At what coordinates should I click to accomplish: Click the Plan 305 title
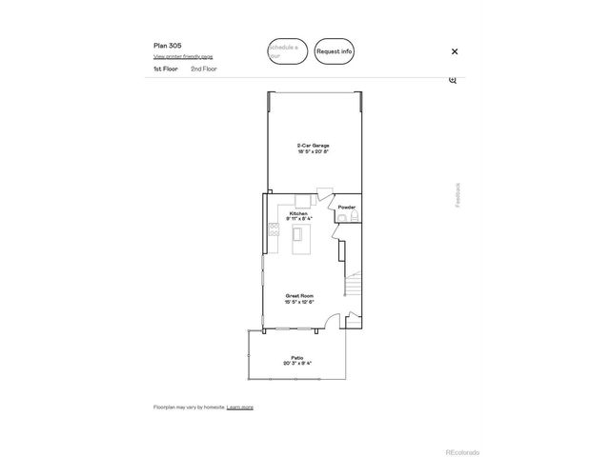[x=168, y=45]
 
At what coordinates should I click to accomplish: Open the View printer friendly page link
[x=183, y=56]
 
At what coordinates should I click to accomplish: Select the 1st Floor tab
[x=166, y=70]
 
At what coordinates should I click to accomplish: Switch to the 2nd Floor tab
[x=203, y=70]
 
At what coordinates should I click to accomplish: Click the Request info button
[x=335, y=50]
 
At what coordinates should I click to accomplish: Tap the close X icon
[x=455, y=51]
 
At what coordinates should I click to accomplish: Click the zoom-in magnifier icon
[x=453, y=80]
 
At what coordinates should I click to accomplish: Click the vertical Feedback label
[x=457, y=194]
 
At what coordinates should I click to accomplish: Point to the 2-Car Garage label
[x=313, y=146]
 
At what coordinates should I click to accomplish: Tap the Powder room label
[x=347, y=207]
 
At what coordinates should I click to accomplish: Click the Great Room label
[x=299, y=296]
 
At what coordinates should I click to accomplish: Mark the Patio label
[x=297, y=358]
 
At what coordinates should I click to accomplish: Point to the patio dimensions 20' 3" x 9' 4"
[x=297, y=364]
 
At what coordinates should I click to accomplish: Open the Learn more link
[x=240, y=407]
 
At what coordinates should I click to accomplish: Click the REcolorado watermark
[x=462, y=450]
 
